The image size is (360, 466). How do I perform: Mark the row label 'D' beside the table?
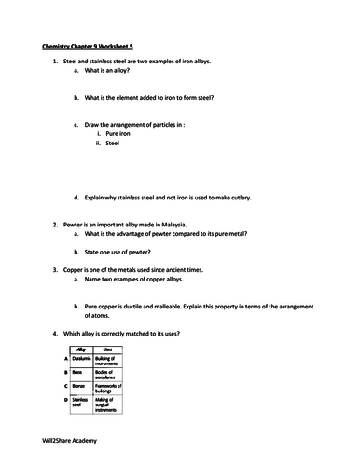click(x=66, y=398)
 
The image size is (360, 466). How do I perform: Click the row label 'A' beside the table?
click(x=66, y=358)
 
